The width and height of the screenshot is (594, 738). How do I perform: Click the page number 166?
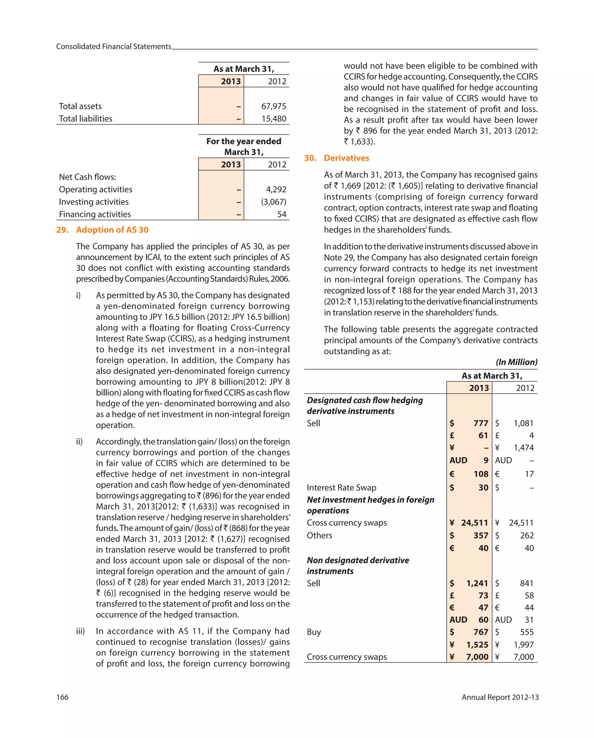point(62,697)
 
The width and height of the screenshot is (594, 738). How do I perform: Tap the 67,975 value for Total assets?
point(274,106)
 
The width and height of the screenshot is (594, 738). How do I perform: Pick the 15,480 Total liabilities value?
point(274,119)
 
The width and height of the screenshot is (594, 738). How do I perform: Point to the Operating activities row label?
point(96,189)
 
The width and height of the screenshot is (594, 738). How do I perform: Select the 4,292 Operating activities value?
point(276,189)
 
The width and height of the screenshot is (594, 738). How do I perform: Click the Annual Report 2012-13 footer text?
point(500,697)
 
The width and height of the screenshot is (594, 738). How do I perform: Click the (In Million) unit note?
point(516,362)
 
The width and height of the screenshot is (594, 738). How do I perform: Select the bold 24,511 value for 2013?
point(474,523)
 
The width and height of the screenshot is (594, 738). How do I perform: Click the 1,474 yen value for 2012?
point(524,448)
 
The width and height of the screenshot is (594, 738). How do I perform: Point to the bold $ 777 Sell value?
point(481,423)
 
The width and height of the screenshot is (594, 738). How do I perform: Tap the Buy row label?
point(314,632)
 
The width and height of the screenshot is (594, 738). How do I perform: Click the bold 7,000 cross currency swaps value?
point(477,657)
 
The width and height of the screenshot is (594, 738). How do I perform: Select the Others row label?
point(319,535)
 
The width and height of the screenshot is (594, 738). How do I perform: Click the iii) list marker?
point(81,631)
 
